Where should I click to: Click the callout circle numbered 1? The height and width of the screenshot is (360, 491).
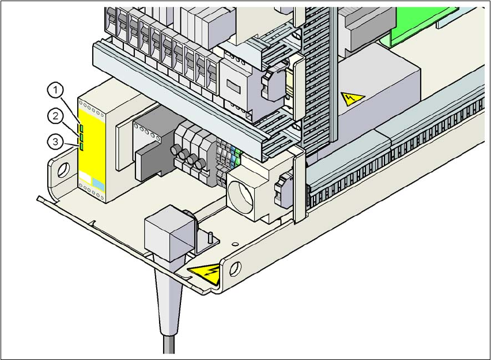click(x=55, y=90)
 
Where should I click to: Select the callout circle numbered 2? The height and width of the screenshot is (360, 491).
click(x=55, y=116)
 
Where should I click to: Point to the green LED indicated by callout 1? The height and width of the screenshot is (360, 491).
click(x=81, y=128)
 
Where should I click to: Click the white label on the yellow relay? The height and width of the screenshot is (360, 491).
click(x=86, y=185)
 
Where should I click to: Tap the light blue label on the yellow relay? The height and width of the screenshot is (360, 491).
click(x=99, y=185)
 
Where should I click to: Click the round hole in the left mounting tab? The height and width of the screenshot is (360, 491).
click(x=63, y=169)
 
